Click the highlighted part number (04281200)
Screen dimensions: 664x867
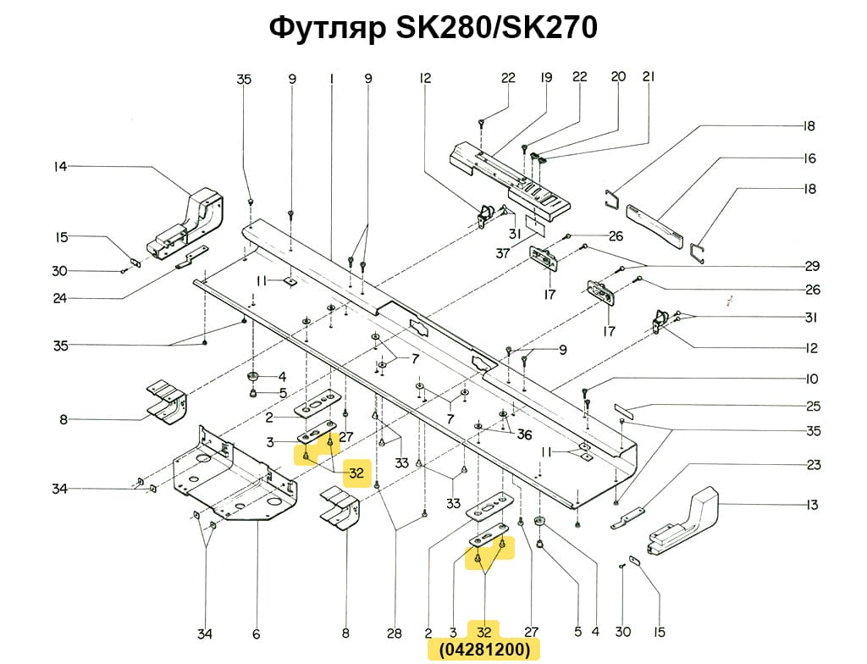[483, 650]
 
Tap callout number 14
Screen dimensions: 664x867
[59, 167]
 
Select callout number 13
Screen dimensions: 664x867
[812, 506]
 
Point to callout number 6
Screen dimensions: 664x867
[256, 634]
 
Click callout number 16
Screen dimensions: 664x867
[809, 158]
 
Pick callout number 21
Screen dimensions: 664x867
[649, 77]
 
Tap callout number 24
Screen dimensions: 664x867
[59, 297]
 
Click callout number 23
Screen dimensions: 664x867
[813, 464]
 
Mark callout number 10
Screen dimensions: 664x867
[812, 379]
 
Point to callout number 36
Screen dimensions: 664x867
[524, 435]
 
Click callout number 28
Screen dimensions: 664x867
[394, 634]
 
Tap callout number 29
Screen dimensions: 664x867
[812, 266]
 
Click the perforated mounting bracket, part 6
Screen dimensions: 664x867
[233, 479]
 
